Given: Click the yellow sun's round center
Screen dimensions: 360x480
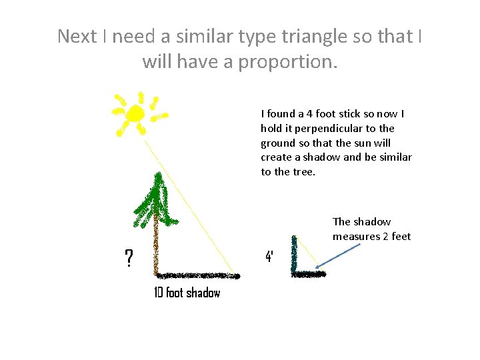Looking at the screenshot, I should point(135,113).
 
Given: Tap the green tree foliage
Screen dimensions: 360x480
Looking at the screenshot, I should point(155,200).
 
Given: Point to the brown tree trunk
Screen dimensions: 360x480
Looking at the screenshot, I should point(156,247).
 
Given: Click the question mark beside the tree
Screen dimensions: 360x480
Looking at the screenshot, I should point(129,257).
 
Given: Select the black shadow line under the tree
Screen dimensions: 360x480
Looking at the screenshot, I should point(197,275).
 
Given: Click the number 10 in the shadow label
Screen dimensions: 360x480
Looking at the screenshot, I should point(159,293).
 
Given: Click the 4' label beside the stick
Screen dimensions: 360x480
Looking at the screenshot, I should point(269,256).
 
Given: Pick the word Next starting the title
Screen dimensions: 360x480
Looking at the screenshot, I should point(77,36).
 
